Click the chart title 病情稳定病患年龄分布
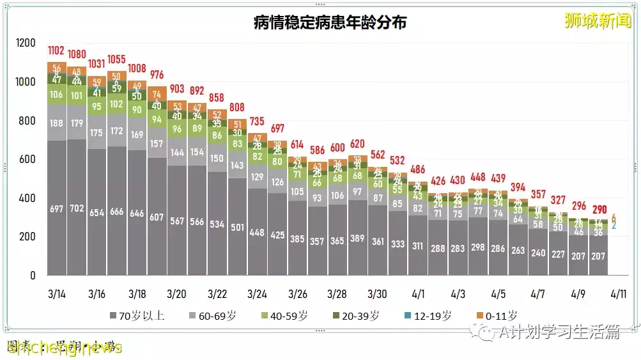click(330, 23)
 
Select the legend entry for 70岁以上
click(137, 315)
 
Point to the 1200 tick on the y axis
click(26, 43)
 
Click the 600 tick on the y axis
click(29, 159)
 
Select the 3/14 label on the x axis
click(57, 294)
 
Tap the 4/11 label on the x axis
click(619, 294)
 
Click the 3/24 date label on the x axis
click(257, 294)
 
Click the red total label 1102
click(57, 50)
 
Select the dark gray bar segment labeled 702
click(77, 207)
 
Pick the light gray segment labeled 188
click(57, 123)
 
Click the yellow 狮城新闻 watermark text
click(598, 20)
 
